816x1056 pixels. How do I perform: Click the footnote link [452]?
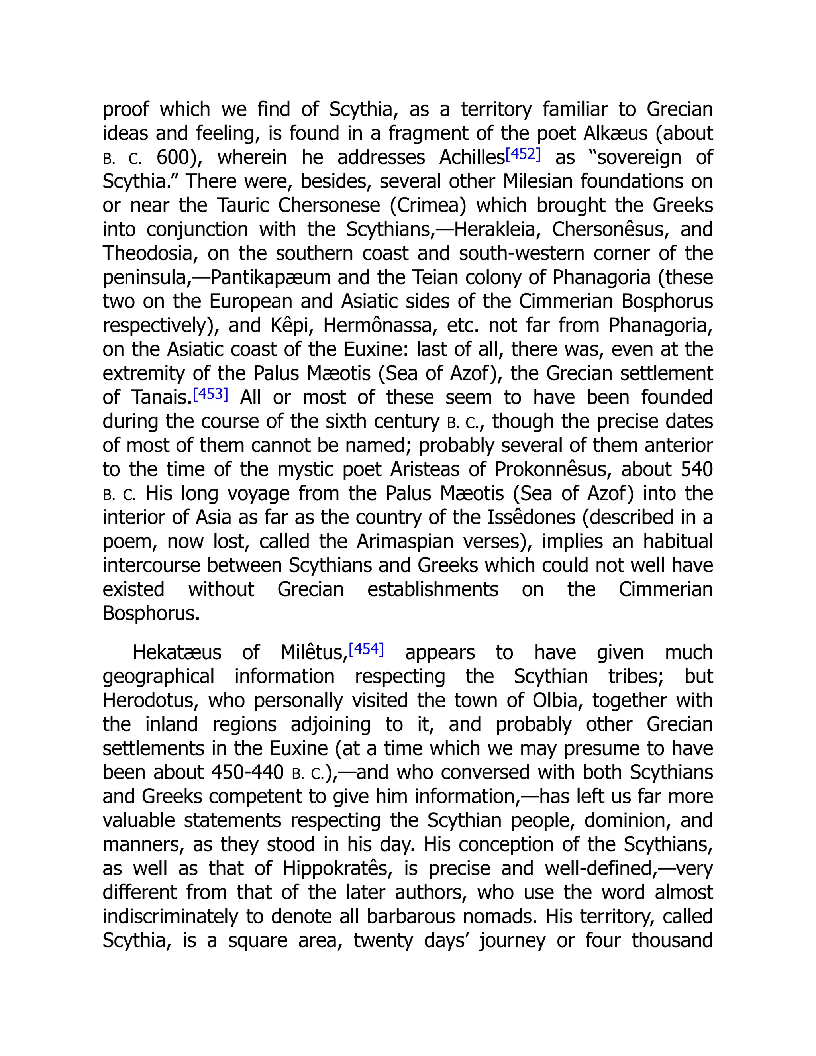click(523, 154)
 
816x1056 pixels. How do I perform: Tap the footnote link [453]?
click(210, 394)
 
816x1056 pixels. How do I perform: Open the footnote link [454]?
click(366, 649)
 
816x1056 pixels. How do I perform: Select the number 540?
click(696, 469)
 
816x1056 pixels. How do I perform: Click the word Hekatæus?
click(177, 652)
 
